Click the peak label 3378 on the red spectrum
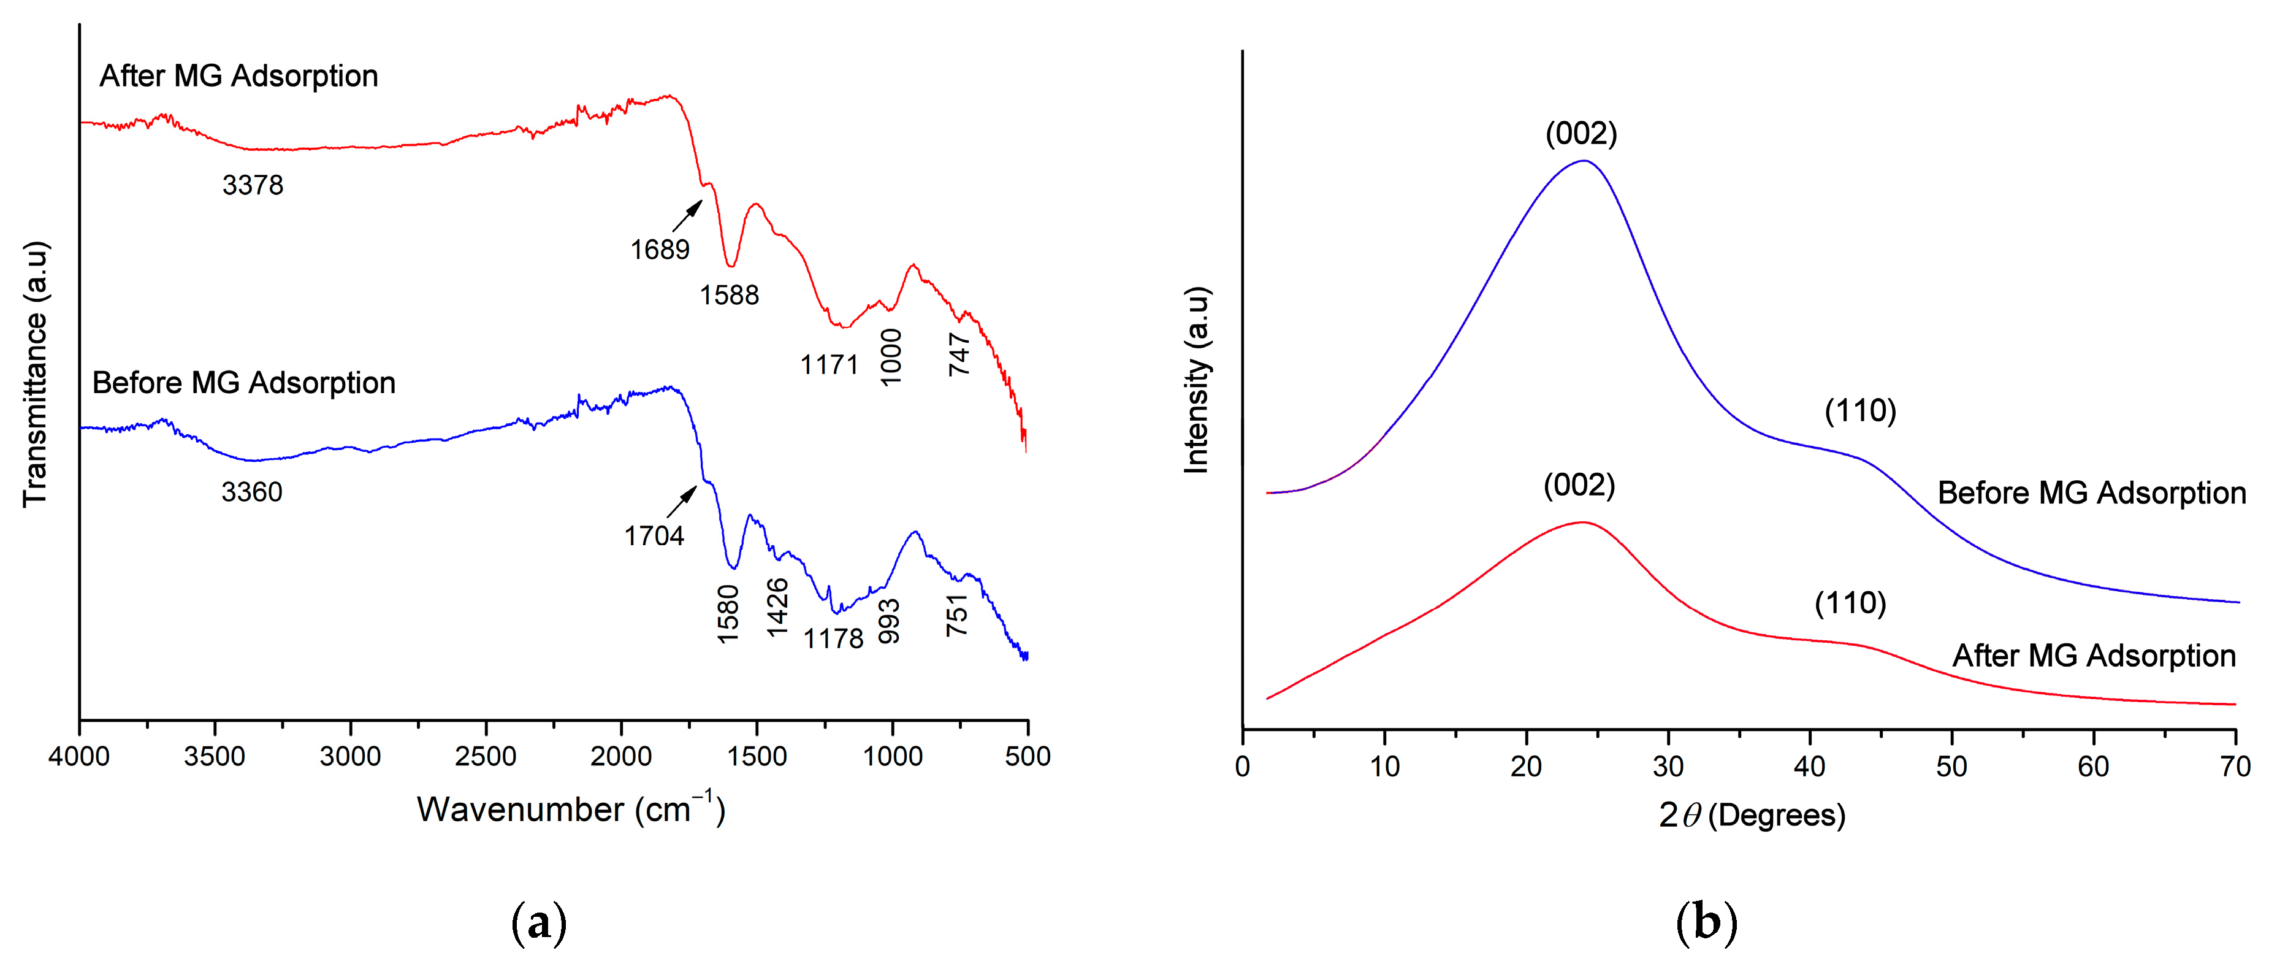point(253,185)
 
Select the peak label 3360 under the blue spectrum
point(252,491)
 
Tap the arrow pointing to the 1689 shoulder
point(688,216)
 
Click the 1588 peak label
point(730,295)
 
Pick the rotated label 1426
point(777,607)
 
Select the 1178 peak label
point(833,638)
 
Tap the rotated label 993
point(890,621)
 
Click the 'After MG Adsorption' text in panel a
point(238,76)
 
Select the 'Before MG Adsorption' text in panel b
point(2091,492)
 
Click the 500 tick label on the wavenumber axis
point(1027,756)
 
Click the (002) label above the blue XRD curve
point(1581,133)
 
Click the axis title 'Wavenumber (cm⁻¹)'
point(571,809)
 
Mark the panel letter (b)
point(1706,922)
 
